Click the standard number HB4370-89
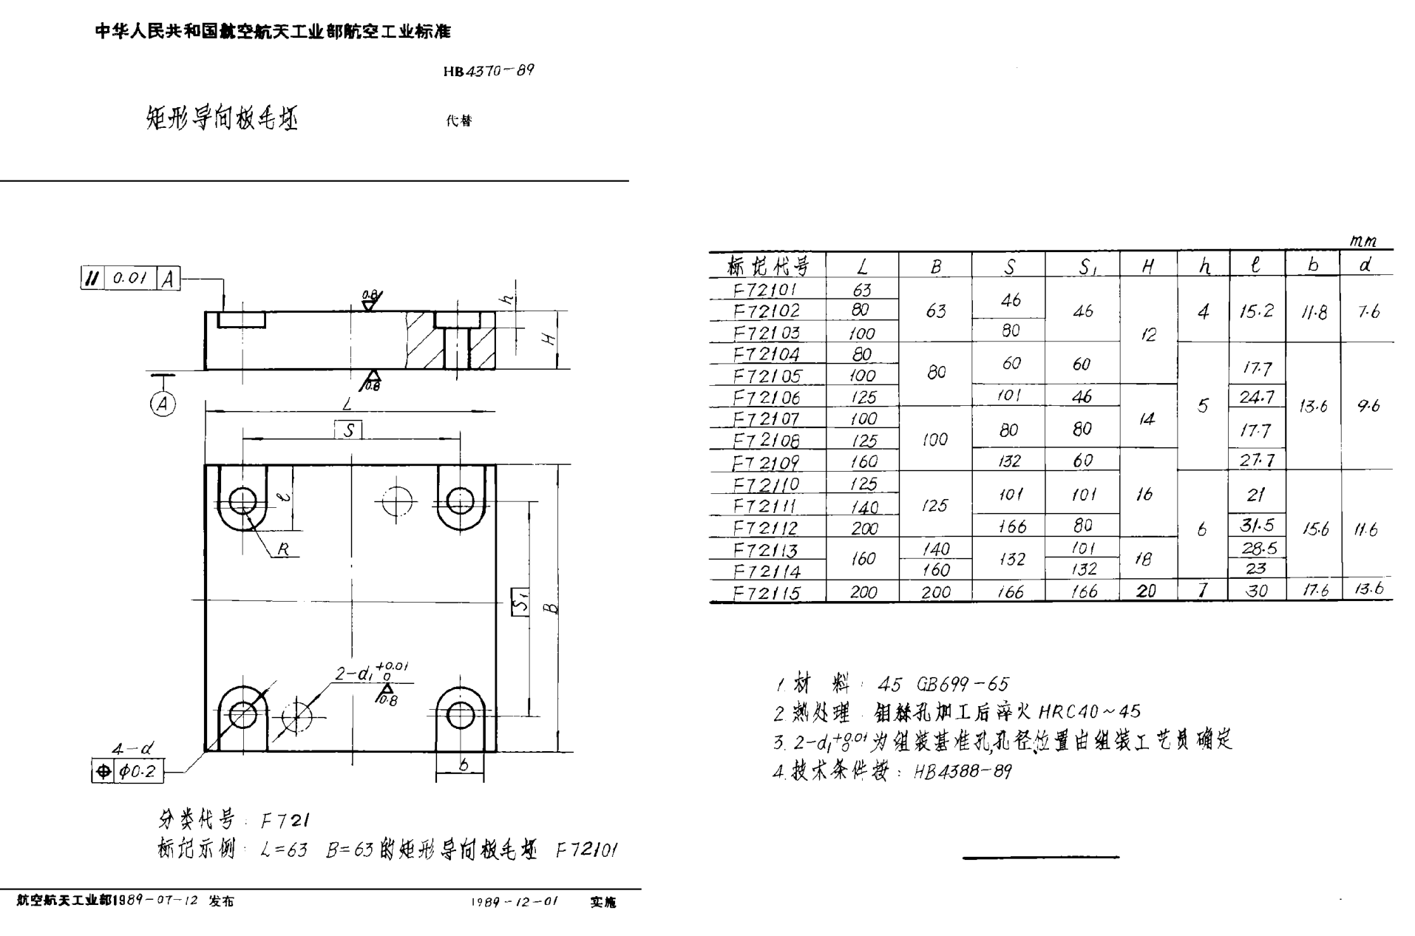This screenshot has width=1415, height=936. [489, 71]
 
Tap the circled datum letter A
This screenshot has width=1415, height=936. [163, 404]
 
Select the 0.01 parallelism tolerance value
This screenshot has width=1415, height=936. [130, 278]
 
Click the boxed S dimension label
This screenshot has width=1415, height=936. [348, 430]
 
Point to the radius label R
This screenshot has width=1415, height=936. [283, 549]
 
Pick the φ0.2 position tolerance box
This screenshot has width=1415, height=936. [138, 772]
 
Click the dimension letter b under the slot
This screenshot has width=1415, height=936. [463, 765]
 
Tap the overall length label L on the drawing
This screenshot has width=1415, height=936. [347, 404]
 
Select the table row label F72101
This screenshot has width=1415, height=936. [767, 289]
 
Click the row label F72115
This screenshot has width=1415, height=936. [767, 592]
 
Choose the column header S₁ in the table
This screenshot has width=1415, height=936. [1085, 267]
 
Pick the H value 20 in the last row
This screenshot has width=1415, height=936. [1147, 591]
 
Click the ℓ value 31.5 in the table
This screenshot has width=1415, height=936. [1257, 525]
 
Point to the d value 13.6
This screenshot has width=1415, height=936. [1368, 589]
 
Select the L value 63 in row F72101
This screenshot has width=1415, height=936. [862, 290]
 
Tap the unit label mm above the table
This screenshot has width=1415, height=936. [1363, 241]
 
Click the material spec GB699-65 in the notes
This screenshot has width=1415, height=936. [962, 684]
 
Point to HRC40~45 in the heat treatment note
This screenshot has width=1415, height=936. [1090, 712]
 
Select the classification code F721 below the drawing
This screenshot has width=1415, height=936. [285, 820]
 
